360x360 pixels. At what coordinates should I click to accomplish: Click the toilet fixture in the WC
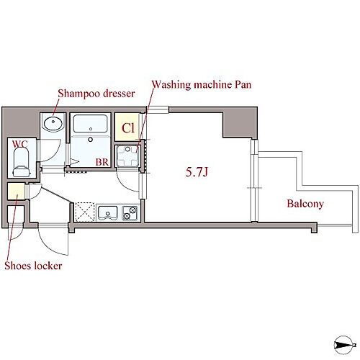click(22, 163)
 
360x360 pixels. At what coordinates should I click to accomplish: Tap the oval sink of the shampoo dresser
click(53, 123)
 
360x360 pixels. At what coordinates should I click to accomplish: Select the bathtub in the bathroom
click(91, 124)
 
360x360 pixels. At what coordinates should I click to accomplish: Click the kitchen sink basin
click(107, 212)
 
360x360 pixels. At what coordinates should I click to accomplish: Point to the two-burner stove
click(130, 213)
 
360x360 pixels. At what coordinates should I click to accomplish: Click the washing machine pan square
click(127, 156)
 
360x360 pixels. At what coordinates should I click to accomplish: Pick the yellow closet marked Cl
click(127, 127)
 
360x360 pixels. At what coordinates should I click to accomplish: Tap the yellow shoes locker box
click(16, 192)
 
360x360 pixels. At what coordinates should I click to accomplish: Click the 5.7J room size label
click(197, 172)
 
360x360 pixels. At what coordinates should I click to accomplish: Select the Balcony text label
click(305, 204)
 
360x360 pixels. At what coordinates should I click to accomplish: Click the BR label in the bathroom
click(102, 162)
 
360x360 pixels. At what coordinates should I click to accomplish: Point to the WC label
click(19, 144)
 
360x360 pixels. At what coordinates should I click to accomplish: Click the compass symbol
click(344, 345)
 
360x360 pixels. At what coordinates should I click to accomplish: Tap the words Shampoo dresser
click(96, 93)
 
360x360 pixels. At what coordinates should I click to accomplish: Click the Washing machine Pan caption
click(202, 84)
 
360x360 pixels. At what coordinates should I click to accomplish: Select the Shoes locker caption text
click(33, 266)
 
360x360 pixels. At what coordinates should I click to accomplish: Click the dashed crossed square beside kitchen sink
click(85, 212)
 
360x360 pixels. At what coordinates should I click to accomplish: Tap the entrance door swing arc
click(52, 243)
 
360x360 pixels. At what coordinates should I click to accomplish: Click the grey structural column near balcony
click(240, 124)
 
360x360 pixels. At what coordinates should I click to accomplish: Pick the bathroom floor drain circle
click(91, 139)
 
